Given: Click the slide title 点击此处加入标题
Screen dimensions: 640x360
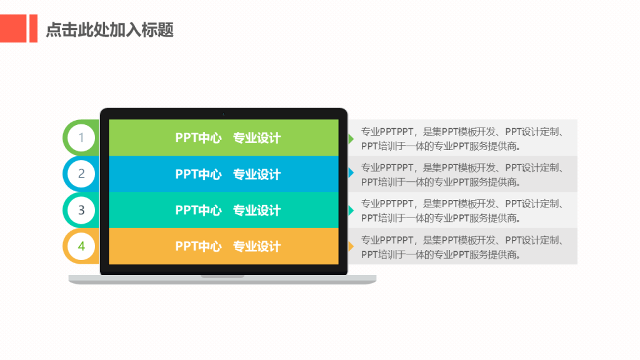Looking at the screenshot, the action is pyautogui.click(x=110, y=30).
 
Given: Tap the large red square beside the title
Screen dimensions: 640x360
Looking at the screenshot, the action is pyautogui.click(x=13, y=29).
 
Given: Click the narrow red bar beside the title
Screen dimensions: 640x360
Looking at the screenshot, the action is pyautogui.click(x=34, y=29).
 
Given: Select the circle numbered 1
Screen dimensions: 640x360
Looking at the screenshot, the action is pyautogui.click(x=81, y=138).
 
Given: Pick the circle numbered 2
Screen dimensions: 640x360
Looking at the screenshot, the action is pyautogui.click(x=81, y=174).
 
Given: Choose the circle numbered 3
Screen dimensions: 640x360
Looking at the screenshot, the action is pyautogui.click(x=81, y=210).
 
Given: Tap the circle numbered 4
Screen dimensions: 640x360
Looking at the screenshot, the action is pyautogui.click(x=81, y=246).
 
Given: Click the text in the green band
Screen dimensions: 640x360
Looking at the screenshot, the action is pyautogui.click(x=228, y=138).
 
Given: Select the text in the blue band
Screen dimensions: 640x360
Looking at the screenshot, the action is pyautogui.click(x=228, y=174).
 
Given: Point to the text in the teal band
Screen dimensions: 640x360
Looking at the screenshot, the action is pyautogui.click(x=228, y=210).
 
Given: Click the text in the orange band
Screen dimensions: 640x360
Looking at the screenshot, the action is pyautogui.click(x=228, y=246).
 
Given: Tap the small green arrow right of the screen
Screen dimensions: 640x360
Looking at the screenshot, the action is pyautogui.click(x=351, y=138).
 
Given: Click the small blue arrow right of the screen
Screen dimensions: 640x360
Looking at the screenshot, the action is pyautogui.click(x=351, y=172).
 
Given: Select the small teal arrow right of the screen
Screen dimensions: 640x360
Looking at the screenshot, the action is pyautogui.click(x=351, y=211).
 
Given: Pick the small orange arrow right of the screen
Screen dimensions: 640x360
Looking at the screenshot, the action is pyautogui.click(x=351, y=246).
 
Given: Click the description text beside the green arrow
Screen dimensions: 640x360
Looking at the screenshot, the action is pyautogui.click(x=462, y=139).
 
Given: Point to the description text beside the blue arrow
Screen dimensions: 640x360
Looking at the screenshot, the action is pyautogui.click(x=462, y=175).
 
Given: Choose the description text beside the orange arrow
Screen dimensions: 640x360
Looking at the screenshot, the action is pyautogui.click(x=462, y=247).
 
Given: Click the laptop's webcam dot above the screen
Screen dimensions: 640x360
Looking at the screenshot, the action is pyautogui.click(x=224, y=114).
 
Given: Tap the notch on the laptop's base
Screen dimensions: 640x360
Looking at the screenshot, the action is pyautogui.click(x=222, y=276).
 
